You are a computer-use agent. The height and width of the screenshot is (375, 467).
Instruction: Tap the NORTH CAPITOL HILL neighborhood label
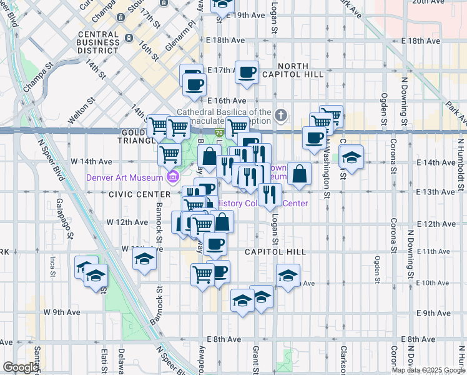click(293, 69)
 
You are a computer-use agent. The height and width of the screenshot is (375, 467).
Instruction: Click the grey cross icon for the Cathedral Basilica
click(282, 116)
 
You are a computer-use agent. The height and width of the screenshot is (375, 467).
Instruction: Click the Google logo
click(20, 367)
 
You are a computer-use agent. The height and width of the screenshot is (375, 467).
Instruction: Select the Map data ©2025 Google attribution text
click(428, 370)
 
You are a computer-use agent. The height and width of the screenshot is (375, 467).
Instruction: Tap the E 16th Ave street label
click(227, 100)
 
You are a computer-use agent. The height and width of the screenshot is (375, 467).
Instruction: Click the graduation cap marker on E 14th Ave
click(352, 157)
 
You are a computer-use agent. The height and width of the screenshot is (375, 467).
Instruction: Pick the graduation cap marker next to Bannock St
click(144, 259)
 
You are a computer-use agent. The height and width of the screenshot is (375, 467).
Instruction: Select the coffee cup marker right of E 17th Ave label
click(247, 72)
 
